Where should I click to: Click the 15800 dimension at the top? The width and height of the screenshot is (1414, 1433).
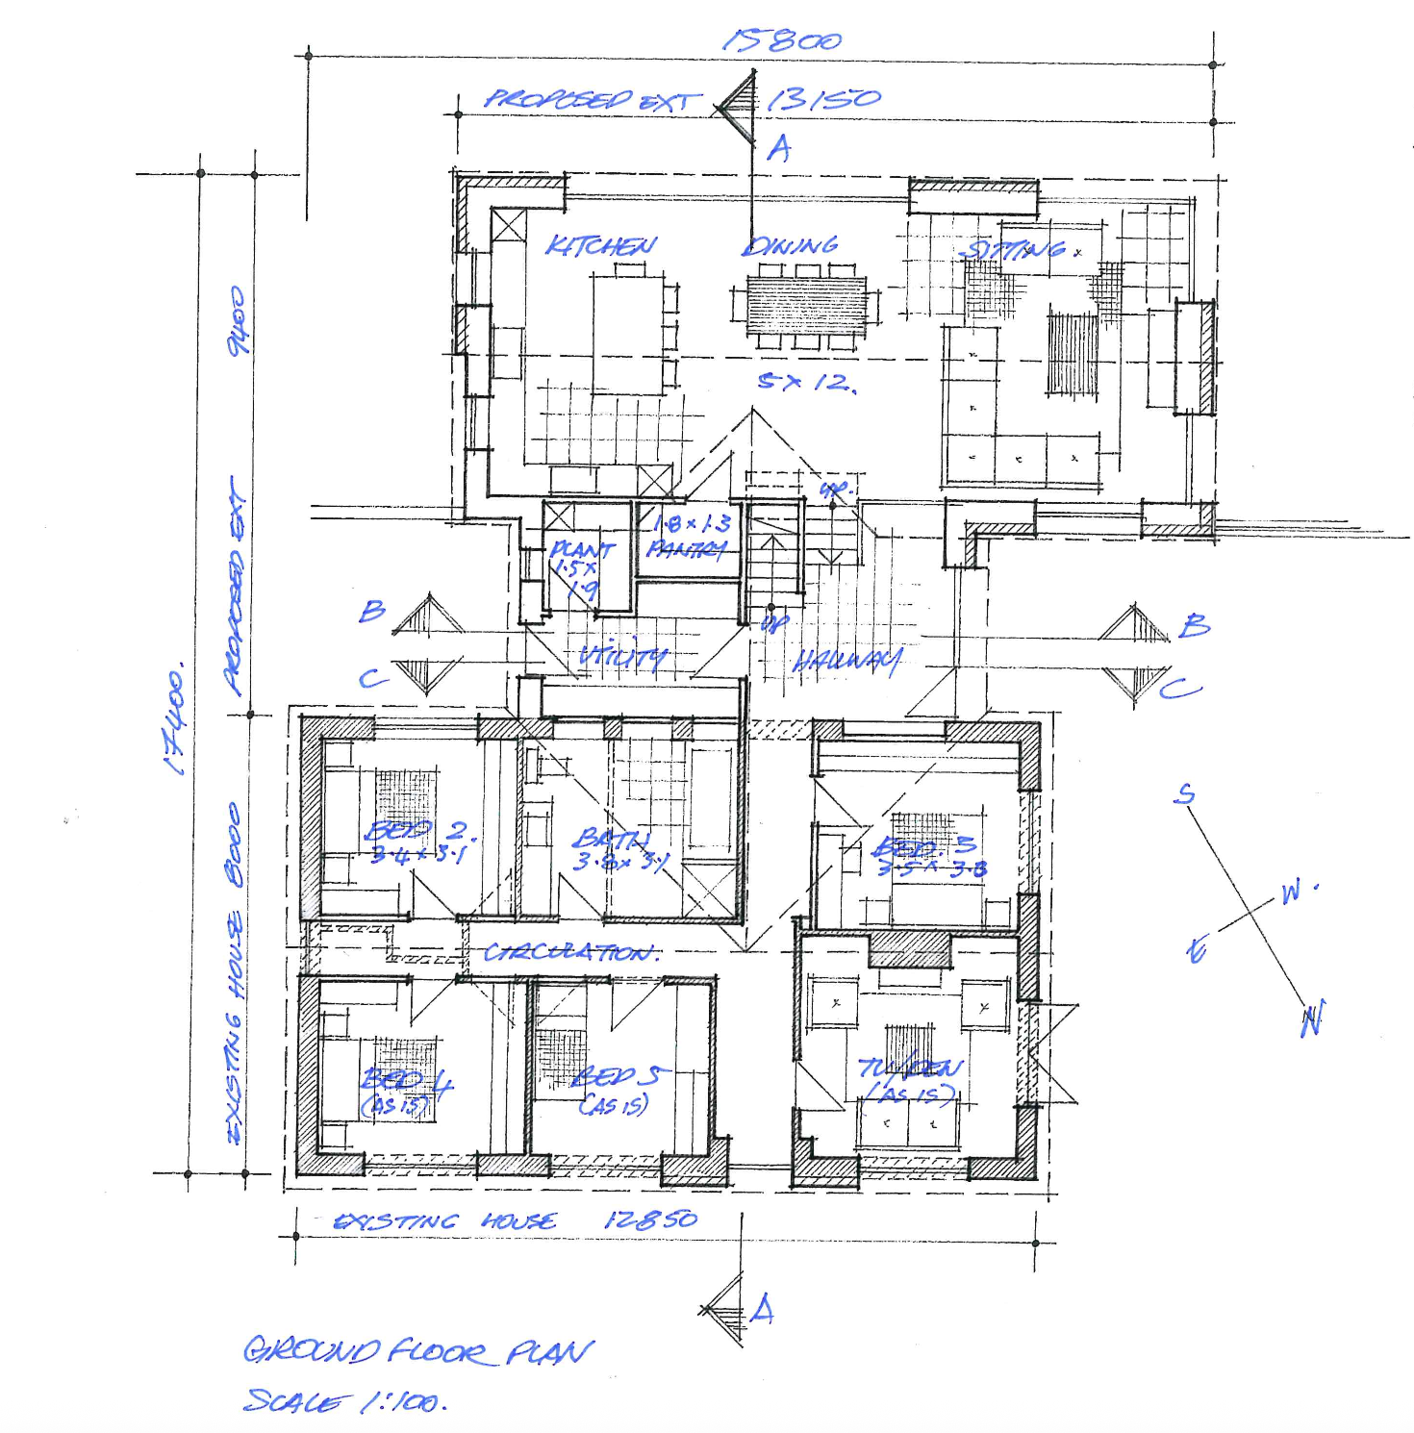(x=781, y=40)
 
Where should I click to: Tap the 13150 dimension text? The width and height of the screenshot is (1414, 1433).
(x=823, y=99)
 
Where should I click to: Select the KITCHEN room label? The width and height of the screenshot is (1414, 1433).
(x=601, y=246)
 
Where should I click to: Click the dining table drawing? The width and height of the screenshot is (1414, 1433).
(x=807, y=302)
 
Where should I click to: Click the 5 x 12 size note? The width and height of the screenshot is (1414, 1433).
(x=806, y=382)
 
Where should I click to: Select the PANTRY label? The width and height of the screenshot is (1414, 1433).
(x=686, y=549)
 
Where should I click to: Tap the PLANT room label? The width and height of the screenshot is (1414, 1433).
(x=581, y=550)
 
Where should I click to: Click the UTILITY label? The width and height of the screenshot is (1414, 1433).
(x=622, y=657)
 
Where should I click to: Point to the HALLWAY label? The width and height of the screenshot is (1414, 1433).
(x=847, y=661)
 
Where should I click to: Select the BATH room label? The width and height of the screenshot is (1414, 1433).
(x=612, y=840)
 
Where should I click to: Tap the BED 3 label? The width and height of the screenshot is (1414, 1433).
(x=924, y=846)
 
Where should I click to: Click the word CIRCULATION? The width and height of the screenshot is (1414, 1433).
(x=571, y=952)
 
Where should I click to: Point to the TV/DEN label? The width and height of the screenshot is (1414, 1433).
(x=909, y=1068)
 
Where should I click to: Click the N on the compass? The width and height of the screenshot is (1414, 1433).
(x=1312, y=1018)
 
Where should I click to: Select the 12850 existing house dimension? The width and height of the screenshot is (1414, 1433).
(x=650, y=1219)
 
